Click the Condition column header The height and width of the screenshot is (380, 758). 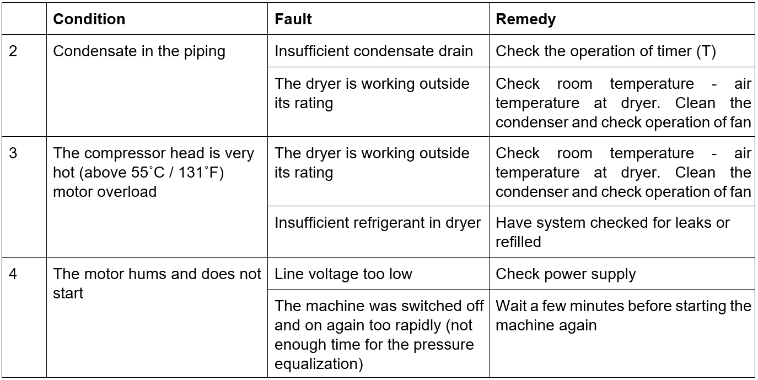[89, 19]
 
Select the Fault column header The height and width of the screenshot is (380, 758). [293, 19]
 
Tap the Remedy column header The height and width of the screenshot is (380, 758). [525, 19]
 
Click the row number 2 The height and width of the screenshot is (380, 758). [13, 51]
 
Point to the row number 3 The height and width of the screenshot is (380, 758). [13, 153]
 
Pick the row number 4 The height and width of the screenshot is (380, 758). [13, 274]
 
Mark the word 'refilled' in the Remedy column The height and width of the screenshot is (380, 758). [518, 242]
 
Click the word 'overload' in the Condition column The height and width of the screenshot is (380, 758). [127, 192]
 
